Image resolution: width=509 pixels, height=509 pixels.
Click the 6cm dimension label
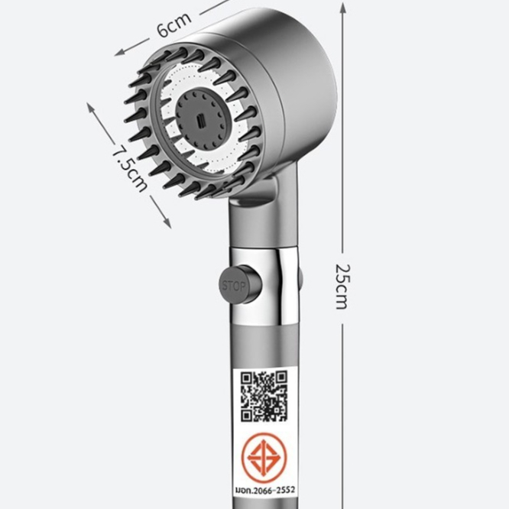pyautogui.click(x=174, y=25)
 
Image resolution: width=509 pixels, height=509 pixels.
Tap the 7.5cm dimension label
pyautogui.click(x=129, y=168)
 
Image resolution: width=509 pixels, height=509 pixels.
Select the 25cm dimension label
pyautogui.click(x=342, y=287)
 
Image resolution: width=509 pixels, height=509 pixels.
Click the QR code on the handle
pyautogui.click(x=264, y=396)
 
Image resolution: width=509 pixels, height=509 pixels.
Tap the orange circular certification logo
pyautogui.click(x=264, y=458)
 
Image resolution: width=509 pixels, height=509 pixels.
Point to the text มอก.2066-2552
pyautogui.click(x=265, y=490)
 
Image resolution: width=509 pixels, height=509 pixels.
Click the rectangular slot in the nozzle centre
pyautogui.click(x=201, y=121)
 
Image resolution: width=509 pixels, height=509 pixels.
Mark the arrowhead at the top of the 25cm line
pyautogui.click(x=343, y=7)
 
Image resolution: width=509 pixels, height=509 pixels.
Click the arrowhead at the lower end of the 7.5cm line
pyautogui.click(x=167, y=222)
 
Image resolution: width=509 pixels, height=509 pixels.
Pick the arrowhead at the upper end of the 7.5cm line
pyautogui.click(x=91, y=108)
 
